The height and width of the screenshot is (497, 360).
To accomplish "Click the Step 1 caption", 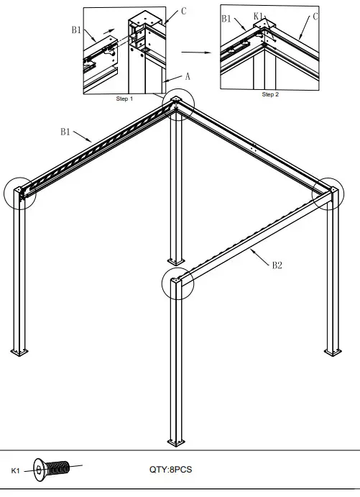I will click(x=124, y=99).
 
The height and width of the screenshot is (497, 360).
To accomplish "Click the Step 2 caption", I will click(x=269, y=94).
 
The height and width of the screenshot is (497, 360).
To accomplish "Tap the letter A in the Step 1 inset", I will click(x=188, y=75).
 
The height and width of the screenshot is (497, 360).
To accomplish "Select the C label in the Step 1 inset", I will click(x=184, y=11).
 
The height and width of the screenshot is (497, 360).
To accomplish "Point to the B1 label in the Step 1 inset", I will click(x=77, y=29).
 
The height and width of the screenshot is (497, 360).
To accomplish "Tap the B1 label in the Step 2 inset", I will click(x=227, y=19).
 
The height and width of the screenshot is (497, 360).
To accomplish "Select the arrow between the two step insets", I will click(x=195, y=52).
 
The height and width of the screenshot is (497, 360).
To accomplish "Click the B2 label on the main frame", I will click(x=277, y=265).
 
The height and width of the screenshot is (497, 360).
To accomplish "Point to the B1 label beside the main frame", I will click(x=65, y=132).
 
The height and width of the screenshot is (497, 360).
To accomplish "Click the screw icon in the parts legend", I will click(x=51, y=470).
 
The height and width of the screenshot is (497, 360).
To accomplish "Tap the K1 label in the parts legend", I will click(x=16, y=470).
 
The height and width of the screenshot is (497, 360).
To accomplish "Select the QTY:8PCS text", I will click(x=170, y=470).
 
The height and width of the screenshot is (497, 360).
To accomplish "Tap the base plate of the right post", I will click(x=332, y=351).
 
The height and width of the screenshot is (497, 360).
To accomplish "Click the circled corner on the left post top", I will click(x=19, y=192).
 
